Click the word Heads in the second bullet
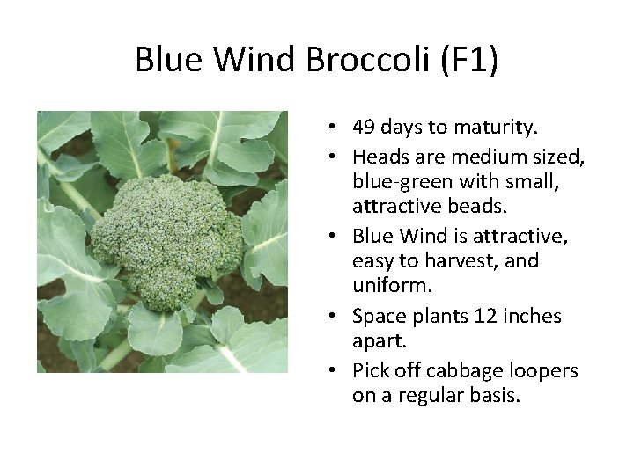376,156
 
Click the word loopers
542,371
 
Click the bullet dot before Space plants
340,316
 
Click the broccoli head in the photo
165,237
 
